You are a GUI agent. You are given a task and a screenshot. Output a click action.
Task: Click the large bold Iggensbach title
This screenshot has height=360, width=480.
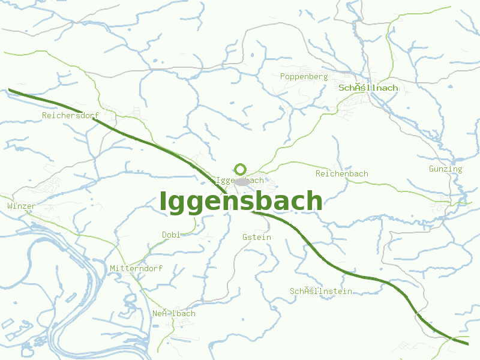coord(241,202)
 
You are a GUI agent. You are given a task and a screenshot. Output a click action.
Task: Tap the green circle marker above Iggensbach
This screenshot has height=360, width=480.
coord(241,169)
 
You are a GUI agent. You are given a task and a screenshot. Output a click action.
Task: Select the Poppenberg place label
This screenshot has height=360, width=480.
coord(304,77)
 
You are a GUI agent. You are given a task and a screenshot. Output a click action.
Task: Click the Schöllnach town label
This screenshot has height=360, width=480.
coord(368,88)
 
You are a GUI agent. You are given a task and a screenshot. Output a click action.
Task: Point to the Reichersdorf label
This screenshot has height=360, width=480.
coord(70,115)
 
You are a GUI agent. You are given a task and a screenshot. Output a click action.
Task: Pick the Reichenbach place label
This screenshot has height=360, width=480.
coord(342,173)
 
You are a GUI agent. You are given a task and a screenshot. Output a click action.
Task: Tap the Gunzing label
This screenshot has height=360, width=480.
coord(445,169)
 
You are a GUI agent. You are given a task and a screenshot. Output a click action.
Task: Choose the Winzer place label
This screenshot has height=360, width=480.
coord(22,206)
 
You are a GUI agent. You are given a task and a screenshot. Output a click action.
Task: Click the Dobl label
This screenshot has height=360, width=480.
coord(170,235)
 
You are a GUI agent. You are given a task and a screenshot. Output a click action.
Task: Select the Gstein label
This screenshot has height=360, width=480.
coord(257,237)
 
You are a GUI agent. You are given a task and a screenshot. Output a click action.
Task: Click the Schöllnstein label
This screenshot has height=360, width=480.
coord(321,292)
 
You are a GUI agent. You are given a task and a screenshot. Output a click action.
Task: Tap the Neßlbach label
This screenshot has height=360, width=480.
coord(173,313)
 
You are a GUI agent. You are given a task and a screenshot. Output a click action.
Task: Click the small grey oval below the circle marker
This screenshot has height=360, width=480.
coord(242,181)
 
